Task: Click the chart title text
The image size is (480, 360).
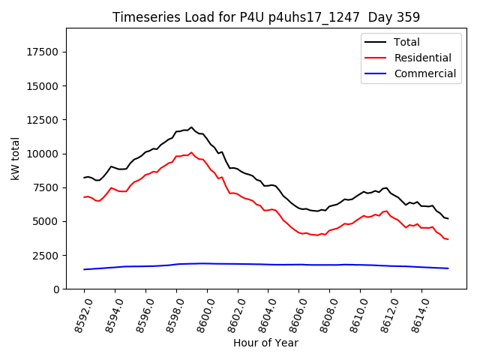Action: [x=266, y=16]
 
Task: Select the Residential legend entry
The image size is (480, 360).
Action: [x=422, y=58]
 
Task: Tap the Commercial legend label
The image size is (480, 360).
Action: [x=425, y=73]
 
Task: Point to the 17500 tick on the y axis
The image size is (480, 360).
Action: [x=43, y=52]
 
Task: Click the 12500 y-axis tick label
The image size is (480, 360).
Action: [x=43, y=120]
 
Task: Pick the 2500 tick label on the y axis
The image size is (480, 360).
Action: [x=46, y=256]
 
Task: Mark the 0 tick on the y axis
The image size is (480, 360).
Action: [x=56, y=289]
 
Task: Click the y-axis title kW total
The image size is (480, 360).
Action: [x=15, y=159]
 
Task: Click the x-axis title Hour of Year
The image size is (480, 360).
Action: [x=265, y=343]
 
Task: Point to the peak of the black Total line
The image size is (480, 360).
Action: [x=191, y=127]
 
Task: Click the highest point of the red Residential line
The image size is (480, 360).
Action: [x=191, y=152]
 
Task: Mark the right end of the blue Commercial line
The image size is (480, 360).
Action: [x=448, y=268]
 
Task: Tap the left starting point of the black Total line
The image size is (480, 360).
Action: [x=84, y=178]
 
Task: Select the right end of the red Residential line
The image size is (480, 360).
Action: [x=448, y=239]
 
